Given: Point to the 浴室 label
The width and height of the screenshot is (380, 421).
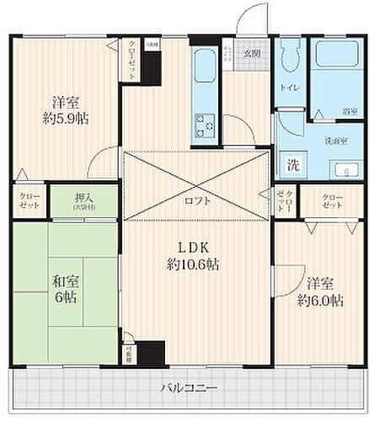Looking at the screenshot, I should point(347,109).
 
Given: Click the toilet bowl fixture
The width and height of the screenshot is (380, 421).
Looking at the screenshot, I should point(289,59).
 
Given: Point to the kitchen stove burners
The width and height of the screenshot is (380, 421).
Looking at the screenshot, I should point(205,125).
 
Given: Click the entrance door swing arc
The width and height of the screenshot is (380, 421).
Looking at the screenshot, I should point(250,19).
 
